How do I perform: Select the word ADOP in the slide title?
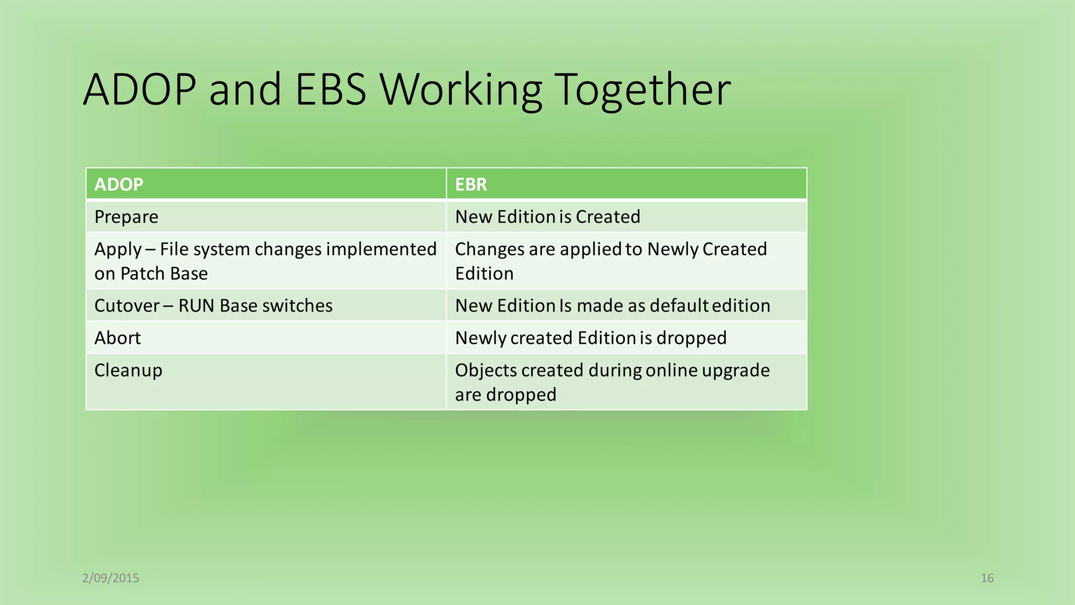point(140,90)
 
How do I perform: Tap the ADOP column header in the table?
point(119,184)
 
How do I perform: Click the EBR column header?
point(471,184)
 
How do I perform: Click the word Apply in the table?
point(118,249)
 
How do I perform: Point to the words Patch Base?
point(164,274)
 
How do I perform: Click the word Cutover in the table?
point(127,306)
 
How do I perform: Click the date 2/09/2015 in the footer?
point(111,578)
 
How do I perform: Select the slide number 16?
point(987,578)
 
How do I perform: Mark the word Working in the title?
point(461,90)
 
